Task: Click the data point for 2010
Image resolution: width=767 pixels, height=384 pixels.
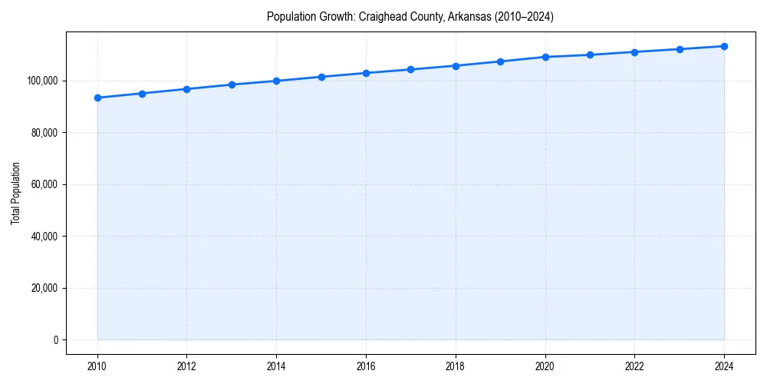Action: [97, 98]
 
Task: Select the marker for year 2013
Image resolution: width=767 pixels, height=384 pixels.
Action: [232, 84]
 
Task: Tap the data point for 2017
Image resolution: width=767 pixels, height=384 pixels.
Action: [410, 69]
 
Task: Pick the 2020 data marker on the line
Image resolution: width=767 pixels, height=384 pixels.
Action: [545, 57]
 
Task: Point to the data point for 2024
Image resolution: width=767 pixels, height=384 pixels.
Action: [724, 46]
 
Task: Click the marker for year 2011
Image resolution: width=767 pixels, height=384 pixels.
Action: [142, 94]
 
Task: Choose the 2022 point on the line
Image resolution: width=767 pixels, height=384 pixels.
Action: [634, 52]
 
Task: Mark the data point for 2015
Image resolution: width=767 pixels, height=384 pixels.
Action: [321, 77]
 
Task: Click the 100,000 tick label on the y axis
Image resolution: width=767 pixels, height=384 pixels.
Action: [42, 81]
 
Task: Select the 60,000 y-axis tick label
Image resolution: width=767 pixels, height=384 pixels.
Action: [44, 184]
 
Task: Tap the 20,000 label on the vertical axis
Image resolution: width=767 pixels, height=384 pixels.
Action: [44, 288]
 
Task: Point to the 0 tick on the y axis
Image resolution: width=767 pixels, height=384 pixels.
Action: [55, 340]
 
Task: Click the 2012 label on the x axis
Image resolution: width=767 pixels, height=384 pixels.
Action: [186, 366]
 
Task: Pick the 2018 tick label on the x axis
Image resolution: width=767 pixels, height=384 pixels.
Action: [456, 366]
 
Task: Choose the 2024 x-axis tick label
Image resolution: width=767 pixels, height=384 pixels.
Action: [724, 366]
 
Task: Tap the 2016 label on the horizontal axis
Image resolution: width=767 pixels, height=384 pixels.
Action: [366, 366]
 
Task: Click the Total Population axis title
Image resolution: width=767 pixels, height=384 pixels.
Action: [15, 193]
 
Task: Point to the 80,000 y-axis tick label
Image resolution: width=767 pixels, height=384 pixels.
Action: [44, 133]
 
